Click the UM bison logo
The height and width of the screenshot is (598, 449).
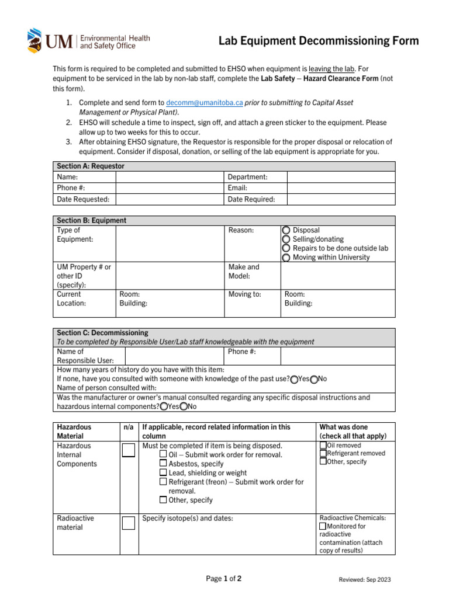tap(35, 40)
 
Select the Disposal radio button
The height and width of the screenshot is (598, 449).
tap(286, 231)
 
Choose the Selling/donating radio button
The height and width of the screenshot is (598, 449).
tap(286, 239)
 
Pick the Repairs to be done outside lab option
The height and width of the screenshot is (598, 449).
tap(286, 248)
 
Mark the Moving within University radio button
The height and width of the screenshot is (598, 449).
tap(286, 258)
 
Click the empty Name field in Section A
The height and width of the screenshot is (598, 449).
tap(170, 177)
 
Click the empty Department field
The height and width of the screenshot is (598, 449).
tap(340, 177)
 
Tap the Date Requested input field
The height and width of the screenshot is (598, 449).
tap(170, 199)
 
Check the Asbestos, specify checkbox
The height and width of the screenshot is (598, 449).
tap(163, 464)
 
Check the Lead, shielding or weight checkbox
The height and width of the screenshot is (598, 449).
tap(163, 472)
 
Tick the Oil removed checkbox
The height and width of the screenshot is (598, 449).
tap(323, 446)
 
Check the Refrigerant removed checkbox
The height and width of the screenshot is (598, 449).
tap(323, 453)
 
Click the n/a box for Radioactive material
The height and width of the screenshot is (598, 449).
tap(128, 523)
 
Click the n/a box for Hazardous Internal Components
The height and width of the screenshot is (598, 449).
tap(128, 450)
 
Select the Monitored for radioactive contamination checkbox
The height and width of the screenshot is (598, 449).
tap(323, 526)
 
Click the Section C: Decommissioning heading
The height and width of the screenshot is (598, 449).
tap(102, 333)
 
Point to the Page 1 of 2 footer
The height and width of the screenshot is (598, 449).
tap(224, 579)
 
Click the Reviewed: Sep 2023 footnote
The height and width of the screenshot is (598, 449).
tap(365, 579)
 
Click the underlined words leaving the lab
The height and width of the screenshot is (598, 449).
tap(332, 69)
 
